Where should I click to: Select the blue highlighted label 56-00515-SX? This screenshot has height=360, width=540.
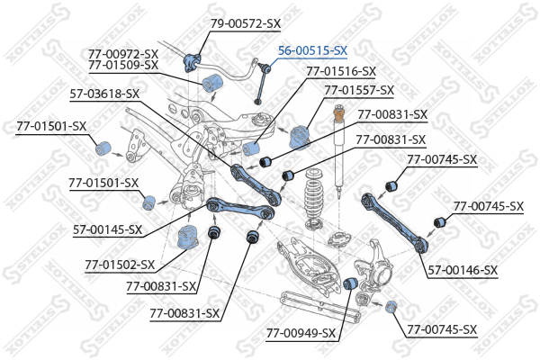[312, 51]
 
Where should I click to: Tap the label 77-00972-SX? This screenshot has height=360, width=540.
[123, 53]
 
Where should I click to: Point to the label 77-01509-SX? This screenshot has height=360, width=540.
[123, 65]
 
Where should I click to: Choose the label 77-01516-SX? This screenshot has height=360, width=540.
[341, 70]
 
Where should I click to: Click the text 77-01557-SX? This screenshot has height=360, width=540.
[359, 90]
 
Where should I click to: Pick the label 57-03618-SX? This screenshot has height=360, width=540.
[104, 93]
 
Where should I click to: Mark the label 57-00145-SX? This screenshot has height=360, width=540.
[107, 229]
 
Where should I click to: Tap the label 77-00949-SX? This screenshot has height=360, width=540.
[301, 333]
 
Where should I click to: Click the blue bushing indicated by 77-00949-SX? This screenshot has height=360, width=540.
[353, 284]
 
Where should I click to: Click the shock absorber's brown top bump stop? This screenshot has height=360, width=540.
[339, 115]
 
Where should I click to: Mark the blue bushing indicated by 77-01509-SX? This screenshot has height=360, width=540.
[214, 85]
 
